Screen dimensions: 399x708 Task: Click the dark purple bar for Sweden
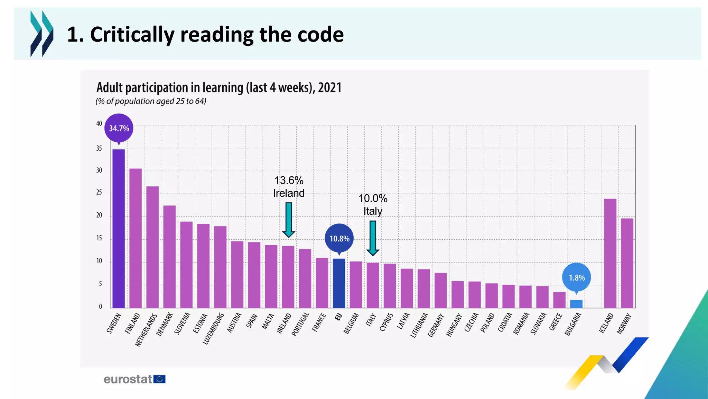119,229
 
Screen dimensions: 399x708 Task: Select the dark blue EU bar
339,283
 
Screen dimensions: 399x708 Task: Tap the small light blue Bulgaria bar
576,304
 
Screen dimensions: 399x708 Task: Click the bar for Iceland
610,253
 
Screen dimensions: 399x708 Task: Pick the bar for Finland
136,238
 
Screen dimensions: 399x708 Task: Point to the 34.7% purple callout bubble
119,128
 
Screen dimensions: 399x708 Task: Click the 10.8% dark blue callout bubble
339,238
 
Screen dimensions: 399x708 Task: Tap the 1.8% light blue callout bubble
577,277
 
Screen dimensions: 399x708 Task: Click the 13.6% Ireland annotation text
289,187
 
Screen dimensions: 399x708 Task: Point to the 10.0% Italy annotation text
373,205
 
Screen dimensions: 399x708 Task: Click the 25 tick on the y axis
99,193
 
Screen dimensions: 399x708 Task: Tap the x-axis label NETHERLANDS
146,330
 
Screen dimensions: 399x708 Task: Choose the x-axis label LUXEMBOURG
214,329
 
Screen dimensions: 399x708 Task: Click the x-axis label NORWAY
624,324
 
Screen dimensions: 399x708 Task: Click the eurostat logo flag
159,379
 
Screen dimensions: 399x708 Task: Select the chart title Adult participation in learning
219,88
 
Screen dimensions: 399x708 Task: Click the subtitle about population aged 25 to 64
151,101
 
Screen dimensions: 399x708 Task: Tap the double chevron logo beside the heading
42,34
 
